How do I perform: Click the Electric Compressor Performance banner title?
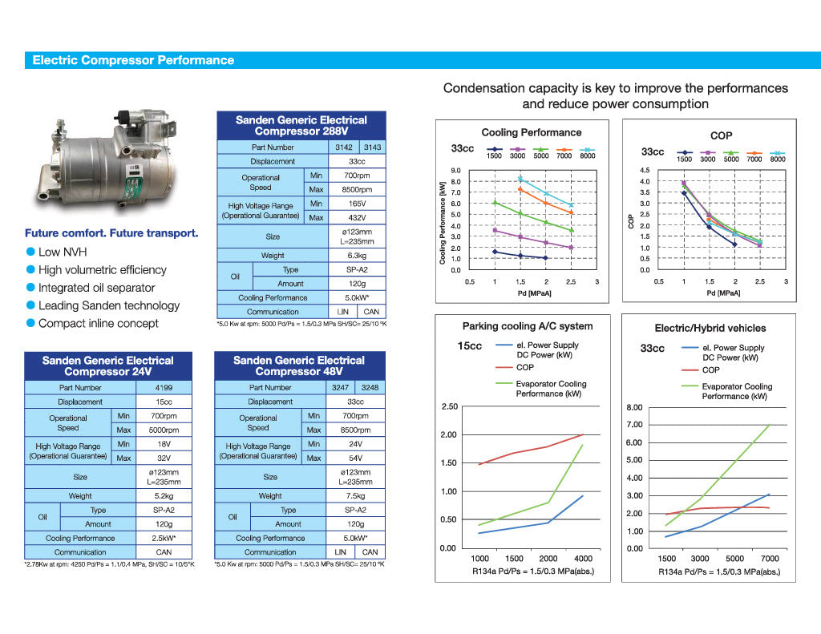(x=133, y=60)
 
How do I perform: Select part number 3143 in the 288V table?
(x=372, y=147)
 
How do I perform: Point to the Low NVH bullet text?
(x=62, y=252)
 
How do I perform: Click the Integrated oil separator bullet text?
(x=96, y=288)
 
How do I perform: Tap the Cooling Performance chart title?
(x=532, y=132)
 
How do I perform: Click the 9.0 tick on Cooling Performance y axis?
(x=455, y=171)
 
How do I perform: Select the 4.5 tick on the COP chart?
(x=644, y=171)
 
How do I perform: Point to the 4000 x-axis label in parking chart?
(x=582, y=559)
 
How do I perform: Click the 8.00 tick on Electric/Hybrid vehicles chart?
(x=634, y=407)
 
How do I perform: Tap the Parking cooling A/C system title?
(x=528, y=326)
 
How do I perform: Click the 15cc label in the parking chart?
(x=470, y=346)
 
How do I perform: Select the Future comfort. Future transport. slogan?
(x=111, y=234)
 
